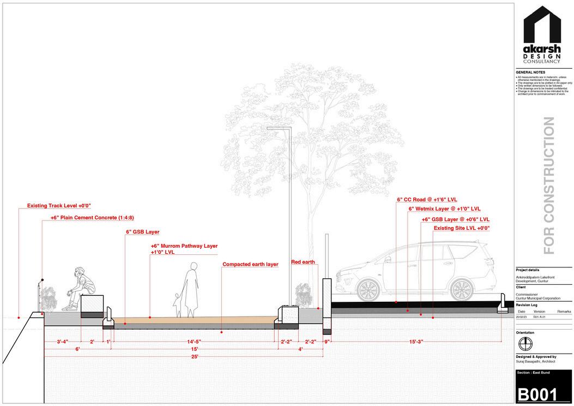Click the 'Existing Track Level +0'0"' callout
coord(59,206)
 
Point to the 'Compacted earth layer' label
coord(250,265)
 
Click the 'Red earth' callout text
coord(303,262)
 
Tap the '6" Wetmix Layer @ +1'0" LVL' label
coord(444,209)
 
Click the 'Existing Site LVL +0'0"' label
coord(462,228)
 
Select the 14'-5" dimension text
coord(193,342)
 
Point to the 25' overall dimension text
coord(194,356)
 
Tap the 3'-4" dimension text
coord(62,342)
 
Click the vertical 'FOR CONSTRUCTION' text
coord(549,186)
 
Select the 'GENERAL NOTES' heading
coord(530,73)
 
